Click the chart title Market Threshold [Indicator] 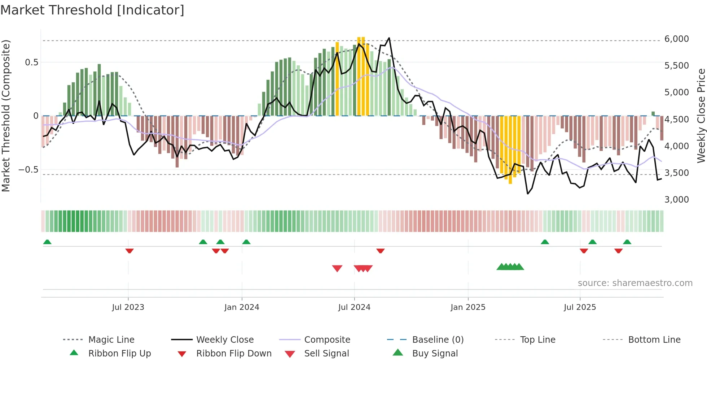pyautogui.click(x=92, y=10)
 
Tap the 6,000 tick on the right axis pyautogui.click(x=676, y=39)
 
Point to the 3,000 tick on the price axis pyautogui.click(x=676, y=200)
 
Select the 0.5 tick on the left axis pyautogui.click(x=31, y=62)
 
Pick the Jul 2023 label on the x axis pyautogui.click(x=128, y=307)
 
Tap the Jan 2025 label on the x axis pyautogui.click(x=468, y=307)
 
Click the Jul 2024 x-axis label pyautogui.click(x=354, y=307)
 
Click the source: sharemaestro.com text pyautogui.click(x=635, y=283)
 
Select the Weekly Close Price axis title pyautogui.click(x=701, y=116)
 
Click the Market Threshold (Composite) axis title pyautogui.click(x=6, y=116)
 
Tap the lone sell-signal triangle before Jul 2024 pyautogui.click(x=337, y=268)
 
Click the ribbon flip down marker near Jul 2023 pyautogui.click(x=129, y=251)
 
